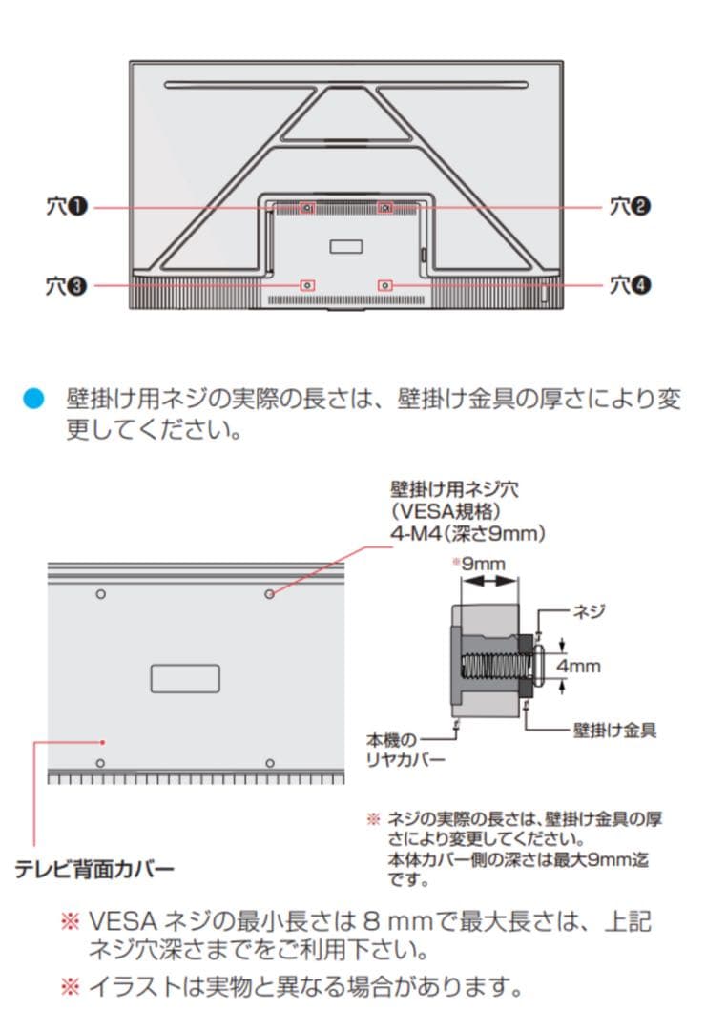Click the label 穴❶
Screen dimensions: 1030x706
tap(67, 206)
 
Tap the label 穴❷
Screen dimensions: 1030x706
tap(631, 206)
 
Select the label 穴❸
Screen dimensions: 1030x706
tap(67, 284)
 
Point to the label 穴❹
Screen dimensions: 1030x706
tap(631, 284)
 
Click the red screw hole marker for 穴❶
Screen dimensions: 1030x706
tap(306, 206)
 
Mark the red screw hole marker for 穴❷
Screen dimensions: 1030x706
tap(384, 206)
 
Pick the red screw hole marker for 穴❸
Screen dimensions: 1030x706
tap(306, 284)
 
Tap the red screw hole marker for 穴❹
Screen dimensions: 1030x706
tap(384, 284)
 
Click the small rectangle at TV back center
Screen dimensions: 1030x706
tap(345, 247)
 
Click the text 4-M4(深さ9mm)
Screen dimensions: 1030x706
tap(467, 534)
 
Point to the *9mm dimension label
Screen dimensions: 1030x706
tap(482, 564)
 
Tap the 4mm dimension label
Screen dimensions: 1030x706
tap(578, 666)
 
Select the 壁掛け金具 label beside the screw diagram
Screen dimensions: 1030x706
tap(614, 731)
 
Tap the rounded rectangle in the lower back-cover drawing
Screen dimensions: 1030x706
tap(185, 678)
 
